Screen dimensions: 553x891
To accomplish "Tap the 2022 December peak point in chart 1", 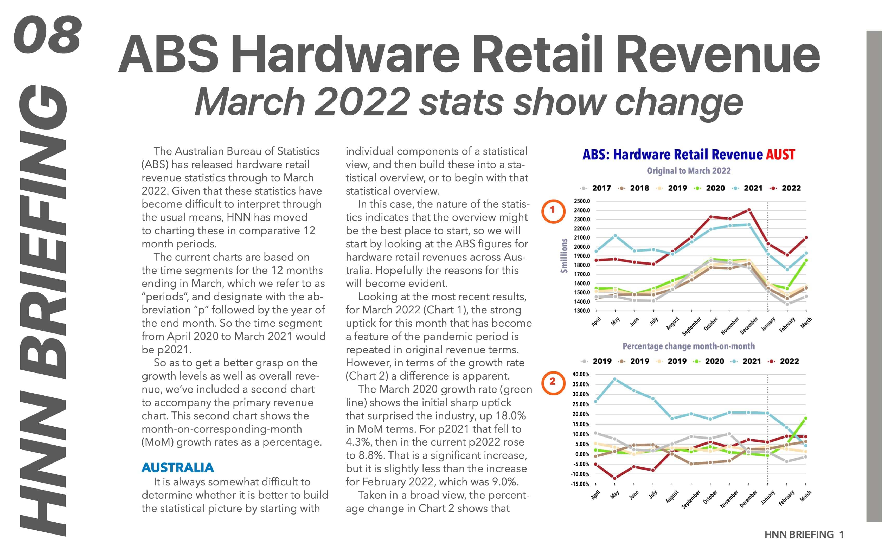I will (x=749, y=210).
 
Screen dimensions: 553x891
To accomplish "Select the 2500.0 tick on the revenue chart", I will (x=582, y=201).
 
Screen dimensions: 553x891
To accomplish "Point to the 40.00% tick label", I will (x=581, y=374).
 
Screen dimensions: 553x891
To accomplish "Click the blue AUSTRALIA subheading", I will (x=177, y=467).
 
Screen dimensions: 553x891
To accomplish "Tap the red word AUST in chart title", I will (x=780, y=155).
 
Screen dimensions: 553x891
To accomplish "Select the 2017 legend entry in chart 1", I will (x=596, y=188).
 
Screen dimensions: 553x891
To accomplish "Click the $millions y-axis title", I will (x=564, y=256).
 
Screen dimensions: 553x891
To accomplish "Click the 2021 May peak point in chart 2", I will (x=615, y=379).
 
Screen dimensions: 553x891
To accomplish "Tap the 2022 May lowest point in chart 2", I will (x=615, y=478).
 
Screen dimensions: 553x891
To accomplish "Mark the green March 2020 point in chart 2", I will (x=805, y=419).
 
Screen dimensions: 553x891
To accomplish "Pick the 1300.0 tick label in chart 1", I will (x=582, y=311).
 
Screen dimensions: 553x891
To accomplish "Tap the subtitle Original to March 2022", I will (x=688, y=171).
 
